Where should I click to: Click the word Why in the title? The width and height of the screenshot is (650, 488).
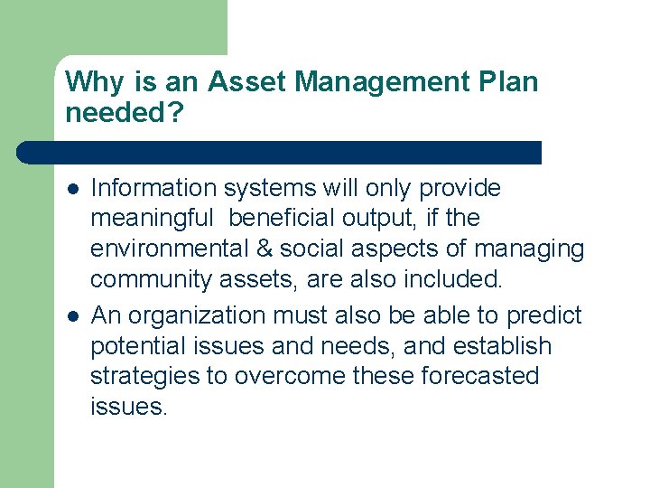click(96, 83)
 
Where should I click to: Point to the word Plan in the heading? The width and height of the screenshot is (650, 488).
click(509, 83)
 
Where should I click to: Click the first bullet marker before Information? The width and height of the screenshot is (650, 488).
click(71, 189)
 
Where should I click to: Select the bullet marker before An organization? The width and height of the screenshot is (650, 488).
click(71, 316)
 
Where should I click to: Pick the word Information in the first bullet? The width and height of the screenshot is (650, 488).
click(154, 188)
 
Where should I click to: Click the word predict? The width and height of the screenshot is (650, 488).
click(544, 316)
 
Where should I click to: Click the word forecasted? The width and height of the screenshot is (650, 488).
click(479, 377)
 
